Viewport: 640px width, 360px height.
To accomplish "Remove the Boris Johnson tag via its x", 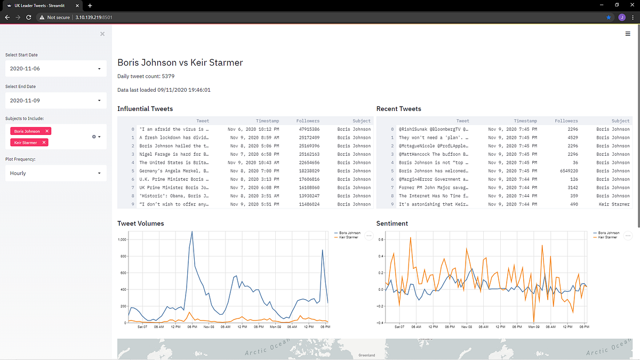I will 47,131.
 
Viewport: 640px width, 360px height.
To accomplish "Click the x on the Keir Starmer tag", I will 44,142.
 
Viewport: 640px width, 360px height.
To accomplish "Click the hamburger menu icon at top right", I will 628,34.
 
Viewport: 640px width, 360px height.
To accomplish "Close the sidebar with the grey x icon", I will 102,34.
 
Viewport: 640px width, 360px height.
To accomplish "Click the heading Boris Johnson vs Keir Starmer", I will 180,63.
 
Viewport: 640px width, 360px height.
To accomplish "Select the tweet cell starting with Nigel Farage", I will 174,154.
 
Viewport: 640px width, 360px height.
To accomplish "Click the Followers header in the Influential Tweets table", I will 308,121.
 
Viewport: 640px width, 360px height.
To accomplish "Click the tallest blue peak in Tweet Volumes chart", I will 191,232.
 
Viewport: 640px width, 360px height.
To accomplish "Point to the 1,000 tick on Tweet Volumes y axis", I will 122,240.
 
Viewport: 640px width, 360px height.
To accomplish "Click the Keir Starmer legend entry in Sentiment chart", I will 609,237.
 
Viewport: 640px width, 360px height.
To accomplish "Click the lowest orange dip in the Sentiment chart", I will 534,321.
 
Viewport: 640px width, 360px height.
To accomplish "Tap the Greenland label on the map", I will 366,355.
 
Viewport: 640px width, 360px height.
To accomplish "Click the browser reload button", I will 28,17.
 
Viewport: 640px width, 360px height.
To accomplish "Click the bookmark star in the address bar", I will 609,17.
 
